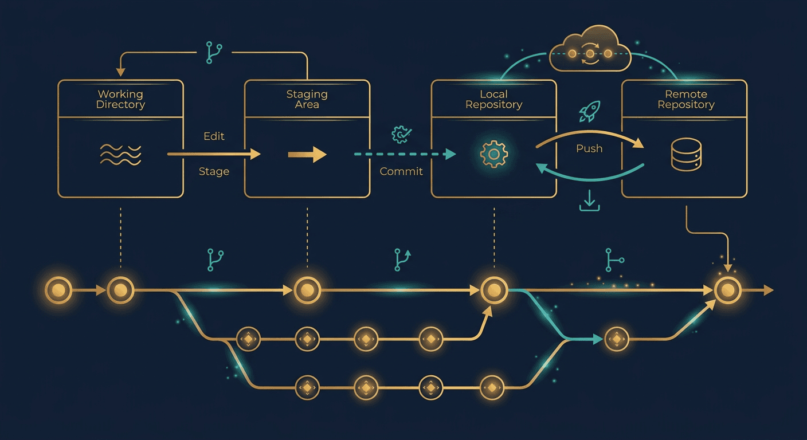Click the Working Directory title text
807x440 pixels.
coord(120,99)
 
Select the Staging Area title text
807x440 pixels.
coord(307,99)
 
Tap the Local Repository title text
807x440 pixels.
coord(493,99)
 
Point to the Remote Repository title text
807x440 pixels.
coord(685,99)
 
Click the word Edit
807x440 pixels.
coord(214,136)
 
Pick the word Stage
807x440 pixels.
coord(214,171)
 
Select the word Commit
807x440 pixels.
coord(401,171)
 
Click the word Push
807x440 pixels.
coord(589,148)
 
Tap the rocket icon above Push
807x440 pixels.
coord(589,111)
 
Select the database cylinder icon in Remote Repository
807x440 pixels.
coord(685,154)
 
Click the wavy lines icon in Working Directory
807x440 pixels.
coord(120,154)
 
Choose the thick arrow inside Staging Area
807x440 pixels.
coord(307,154)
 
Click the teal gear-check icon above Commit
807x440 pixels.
coord(400,135)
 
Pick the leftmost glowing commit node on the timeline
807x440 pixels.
coord(58,290)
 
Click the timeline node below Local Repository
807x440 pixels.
coord(493,290)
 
